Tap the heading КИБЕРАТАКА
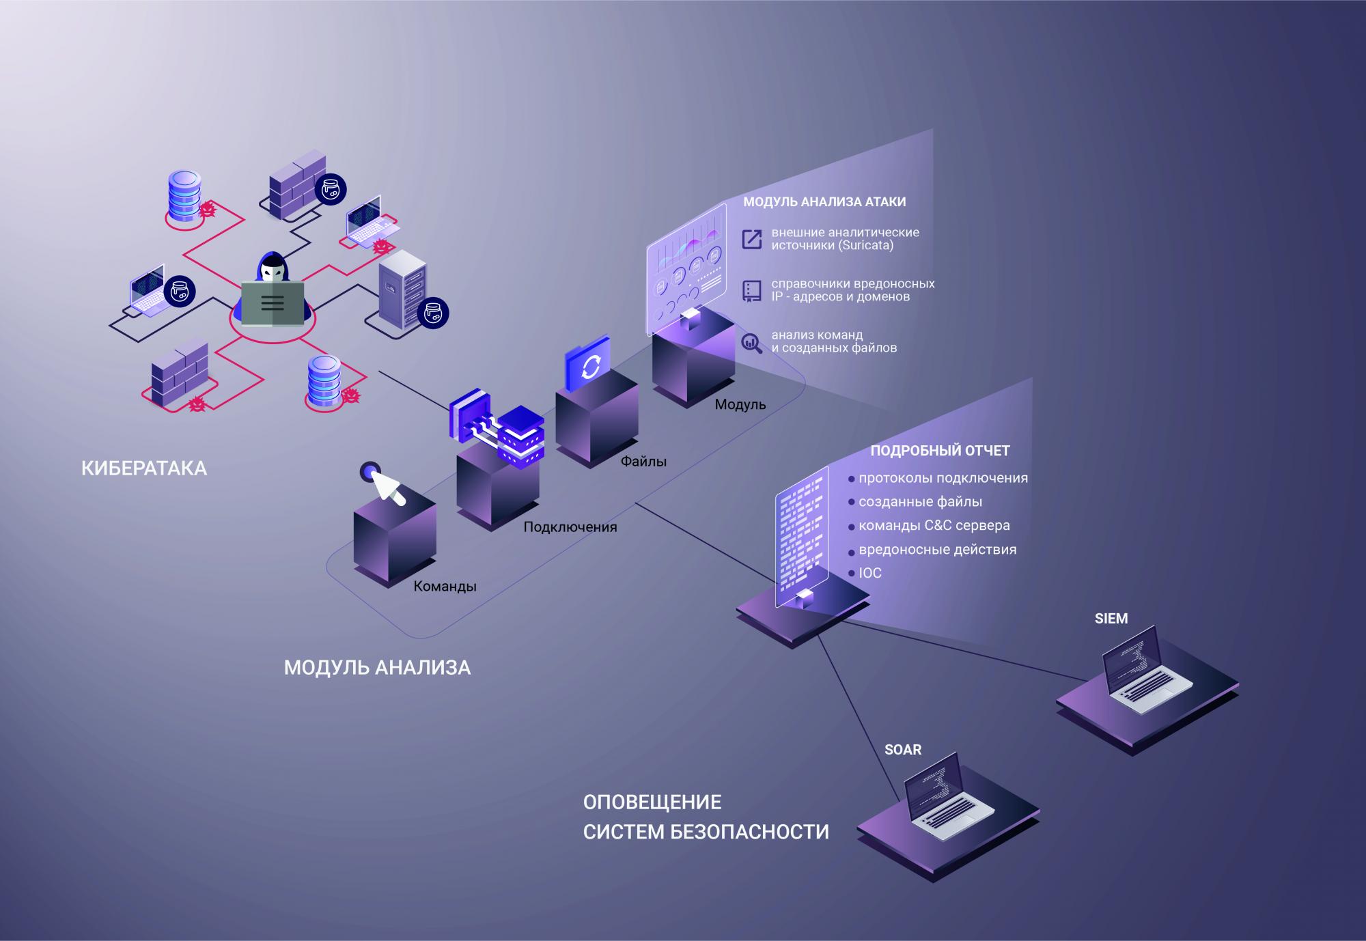coord(144,468)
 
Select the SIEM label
coord(1111,619)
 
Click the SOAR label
coord(903,750)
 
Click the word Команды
coord(445,587)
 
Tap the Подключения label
coord(570,527)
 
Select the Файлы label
coord(643,462)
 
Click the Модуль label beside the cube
coord(740,405)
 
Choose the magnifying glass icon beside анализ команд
coord(752,342)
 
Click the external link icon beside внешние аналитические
coord(752,239)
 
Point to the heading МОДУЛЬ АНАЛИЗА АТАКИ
coord(824,202)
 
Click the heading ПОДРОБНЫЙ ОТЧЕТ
coord(940,451)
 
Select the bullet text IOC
coord(870,574)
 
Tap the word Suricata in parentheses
coord(866,245)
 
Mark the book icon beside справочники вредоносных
coord(752,291)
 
